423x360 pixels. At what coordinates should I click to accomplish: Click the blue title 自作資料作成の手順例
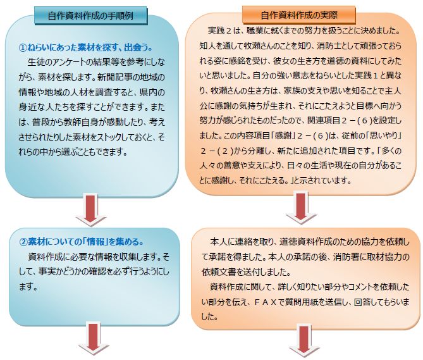(90, 16)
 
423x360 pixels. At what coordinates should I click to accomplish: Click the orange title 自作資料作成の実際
(299, 15)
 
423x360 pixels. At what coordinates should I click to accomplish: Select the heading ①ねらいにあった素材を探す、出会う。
(86, 47)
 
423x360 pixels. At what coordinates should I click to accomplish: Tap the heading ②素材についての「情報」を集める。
(82, 242)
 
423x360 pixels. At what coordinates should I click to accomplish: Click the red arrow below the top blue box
(90, 209)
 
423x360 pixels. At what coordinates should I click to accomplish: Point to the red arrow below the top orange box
(301, 208)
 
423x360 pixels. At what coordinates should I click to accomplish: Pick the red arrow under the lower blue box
(94, 338)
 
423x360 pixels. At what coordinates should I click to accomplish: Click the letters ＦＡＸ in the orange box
(266, 302)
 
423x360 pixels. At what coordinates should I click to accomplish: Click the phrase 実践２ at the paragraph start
(219, 30)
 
